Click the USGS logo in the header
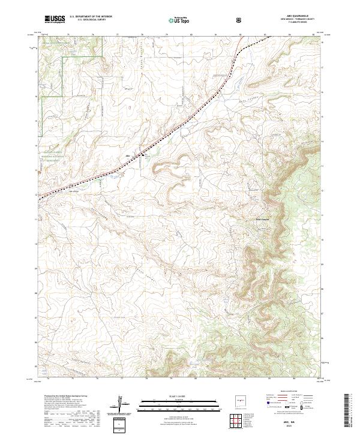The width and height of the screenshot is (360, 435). [x=55, y=20]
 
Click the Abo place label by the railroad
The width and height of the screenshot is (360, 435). [x=128, y=157]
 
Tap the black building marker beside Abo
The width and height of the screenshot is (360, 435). [x=142, y=156]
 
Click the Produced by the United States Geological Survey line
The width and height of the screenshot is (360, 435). [x=64, y=396]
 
